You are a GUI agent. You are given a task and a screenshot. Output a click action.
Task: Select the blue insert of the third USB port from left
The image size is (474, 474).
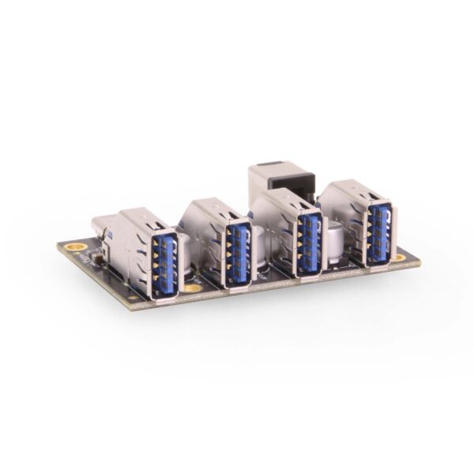(310, 241)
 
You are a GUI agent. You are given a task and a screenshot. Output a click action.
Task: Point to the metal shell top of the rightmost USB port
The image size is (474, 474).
(352, 190)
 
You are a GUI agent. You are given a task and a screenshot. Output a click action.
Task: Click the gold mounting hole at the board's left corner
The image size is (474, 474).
(76, 248)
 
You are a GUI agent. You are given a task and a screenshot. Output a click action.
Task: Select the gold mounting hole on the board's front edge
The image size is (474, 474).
(192, 288)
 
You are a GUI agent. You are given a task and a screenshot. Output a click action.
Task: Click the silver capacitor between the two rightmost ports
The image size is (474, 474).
(337, 237)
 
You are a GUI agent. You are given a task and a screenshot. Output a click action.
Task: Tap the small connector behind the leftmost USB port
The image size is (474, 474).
(103, 226)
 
